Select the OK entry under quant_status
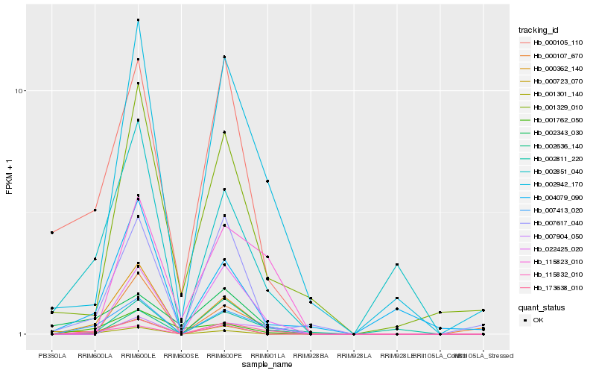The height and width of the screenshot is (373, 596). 538,320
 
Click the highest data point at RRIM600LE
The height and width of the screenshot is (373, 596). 138,20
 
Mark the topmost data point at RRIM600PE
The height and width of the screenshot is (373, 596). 224,57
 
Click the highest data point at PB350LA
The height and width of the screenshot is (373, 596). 52,233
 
